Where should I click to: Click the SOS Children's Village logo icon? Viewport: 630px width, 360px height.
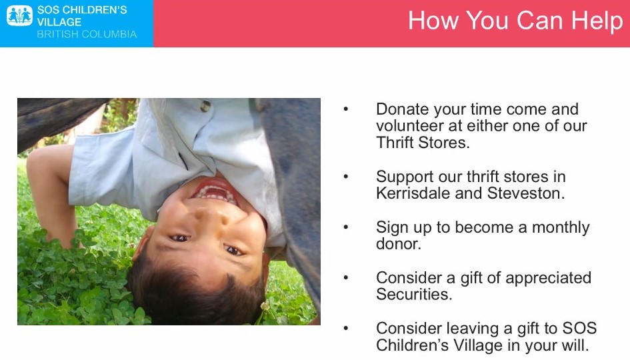19,16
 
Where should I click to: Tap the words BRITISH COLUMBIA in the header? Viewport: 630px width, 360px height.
87,34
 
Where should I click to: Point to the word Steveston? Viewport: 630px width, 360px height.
526,193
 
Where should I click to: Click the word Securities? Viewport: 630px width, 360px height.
414,294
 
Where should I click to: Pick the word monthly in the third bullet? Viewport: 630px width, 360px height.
561,228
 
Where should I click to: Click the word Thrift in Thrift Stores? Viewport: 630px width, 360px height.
395,143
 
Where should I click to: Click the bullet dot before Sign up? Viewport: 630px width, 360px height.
346,227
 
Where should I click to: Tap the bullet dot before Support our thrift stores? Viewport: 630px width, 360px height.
346,177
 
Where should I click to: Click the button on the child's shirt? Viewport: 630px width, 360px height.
205,106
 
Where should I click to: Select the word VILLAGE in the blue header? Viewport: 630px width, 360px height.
59,22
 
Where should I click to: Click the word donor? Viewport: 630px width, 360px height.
398,244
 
